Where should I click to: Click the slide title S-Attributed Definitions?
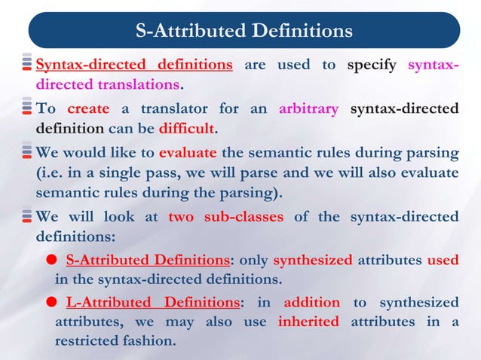point(244,31)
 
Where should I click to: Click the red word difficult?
point(185,127)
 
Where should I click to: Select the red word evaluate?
point(188,153)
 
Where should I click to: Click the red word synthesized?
point(312,261)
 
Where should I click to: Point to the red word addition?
point(311,303)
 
